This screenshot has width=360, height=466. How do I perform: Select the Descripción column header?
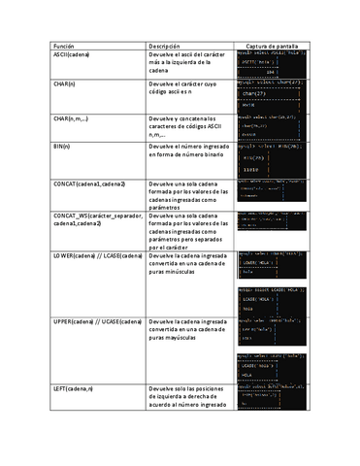click(x=164, y=46)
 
